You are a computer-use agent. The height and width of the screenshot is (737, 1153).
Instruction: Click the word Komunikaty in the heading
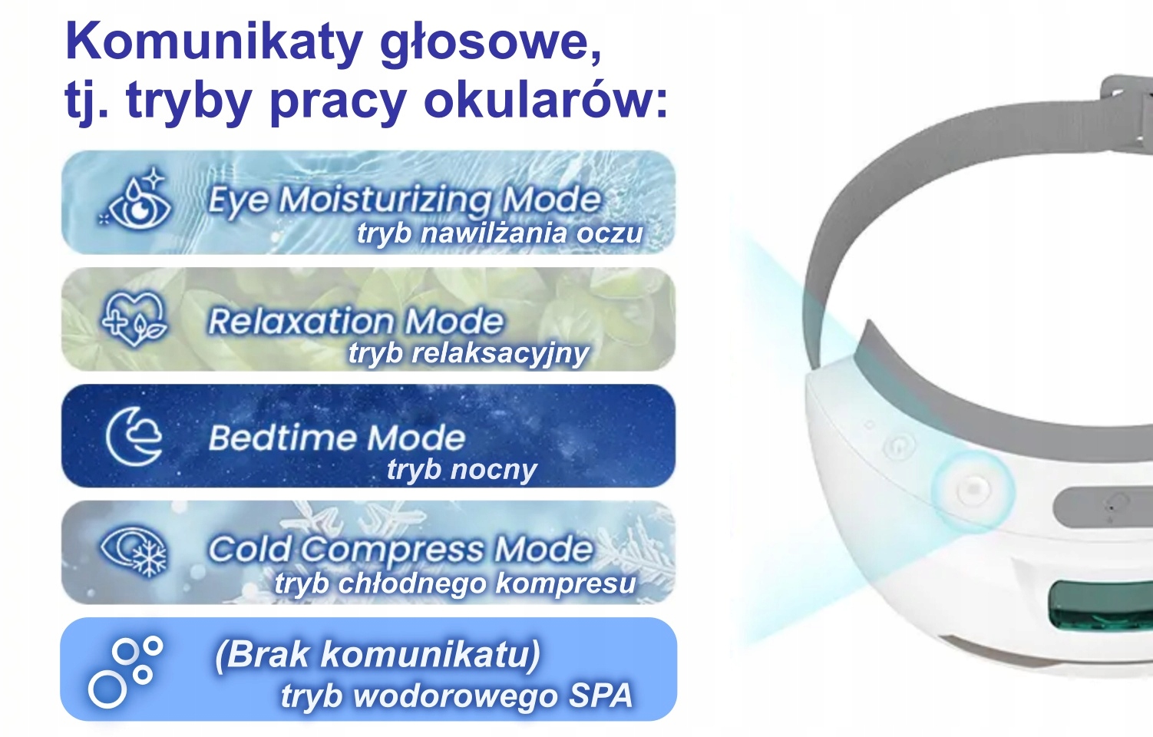(x=215, y=42)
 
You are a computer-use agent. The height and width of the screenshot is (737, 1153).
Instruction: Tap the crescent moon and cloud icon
(x=134, y=436)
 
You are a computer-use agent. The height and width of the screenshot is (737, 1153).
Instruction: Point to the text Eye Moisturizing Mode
(x=405, y=200)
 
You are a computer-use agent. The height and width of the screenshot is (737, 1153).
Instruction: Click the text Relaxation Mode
(x=355, y=321)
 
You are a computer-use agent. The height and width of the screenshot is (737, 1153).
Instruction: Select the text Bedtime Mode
(x=337, y=438)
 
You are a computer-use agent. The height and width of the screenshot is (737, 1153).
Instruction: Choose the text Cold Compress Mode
(x=401, y=549)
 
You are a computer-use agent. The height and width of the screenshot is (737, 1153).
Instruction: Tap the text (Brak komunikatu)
(x=378, y=655)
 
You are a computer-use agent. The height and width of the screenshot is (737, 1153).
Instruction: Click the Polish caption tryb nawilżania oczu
(x=500, y=233)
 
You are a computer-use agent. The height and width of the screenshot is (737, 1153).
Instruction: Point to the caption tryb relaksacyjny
(x=469, y=354)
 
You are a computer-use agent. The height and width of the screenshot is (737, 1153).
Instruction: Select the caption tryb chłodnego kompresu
(x=455, y=583)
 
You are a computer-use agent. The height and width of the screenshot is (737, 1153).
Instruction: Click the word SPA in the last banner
(x=600, y=696)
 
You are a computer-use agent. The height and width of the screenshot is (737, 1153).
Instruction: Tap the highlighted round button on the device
(x=973, y=489)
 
